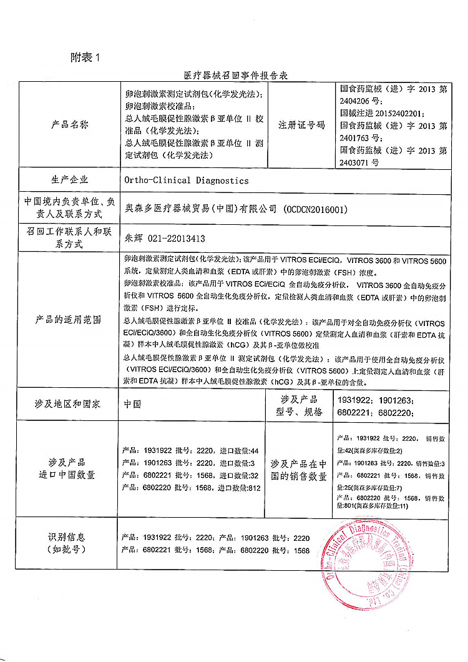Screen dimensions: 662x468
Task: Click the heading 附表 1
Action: point(85,57)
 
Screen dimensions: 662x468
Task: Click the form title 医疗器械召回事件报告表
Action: point(235,75)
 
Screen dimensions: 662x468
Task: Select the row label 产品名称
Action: point(69,124)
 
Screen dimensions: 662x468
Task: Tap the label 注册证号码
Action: point(302,124)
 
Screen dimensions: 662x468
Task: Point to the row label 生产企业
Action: point(69,180)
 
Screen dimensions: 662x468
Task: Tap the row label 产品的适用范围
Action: point(69,320)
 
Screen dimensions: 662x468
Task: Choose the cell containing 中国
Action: point(132,404)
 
